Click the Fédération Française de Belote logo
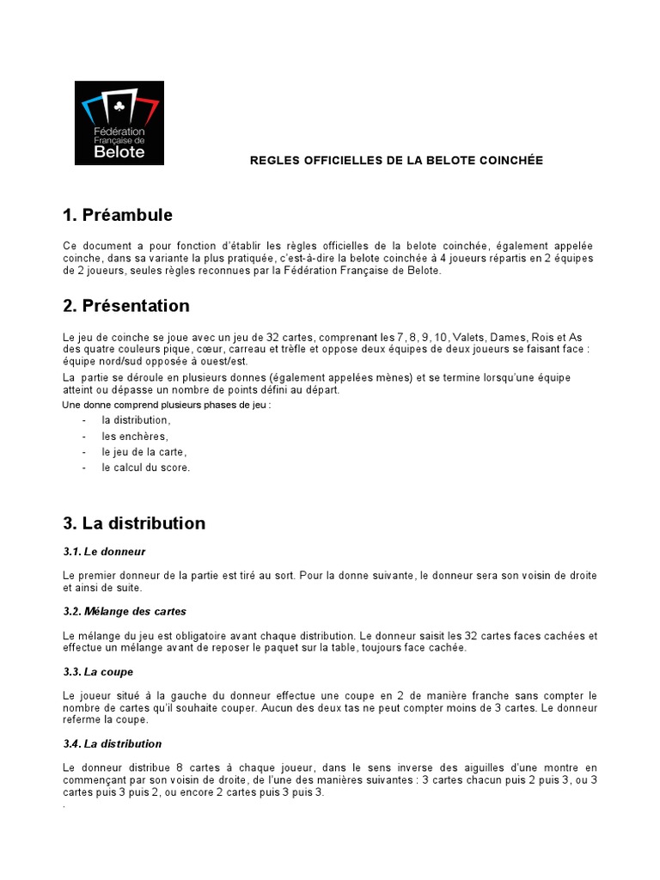[x=119, y=123]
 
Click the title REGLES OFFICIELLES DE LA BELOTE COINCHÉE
[x=396, y=161]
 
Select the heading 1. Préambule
[x=118, y=215]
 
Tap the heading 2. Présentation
[x=126, y=306]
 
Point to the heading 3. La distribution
[x=134, y=523]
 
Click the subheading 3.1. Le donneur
[x=104, y=551]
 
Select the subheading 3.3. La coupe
[x=98, y=671]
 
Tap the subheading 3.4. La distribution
[x=113, y=743]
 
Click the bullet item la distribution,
[x=136, y=420]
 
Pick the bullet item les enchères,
[x=134, y=437]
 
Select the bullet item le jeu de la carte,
[x=144, y=452]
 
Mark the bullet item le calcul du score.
[x=145, y=467]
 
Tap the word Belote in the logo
[x=119, y=152]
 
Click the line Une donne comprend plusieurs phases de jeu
[x=167, y=405]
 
